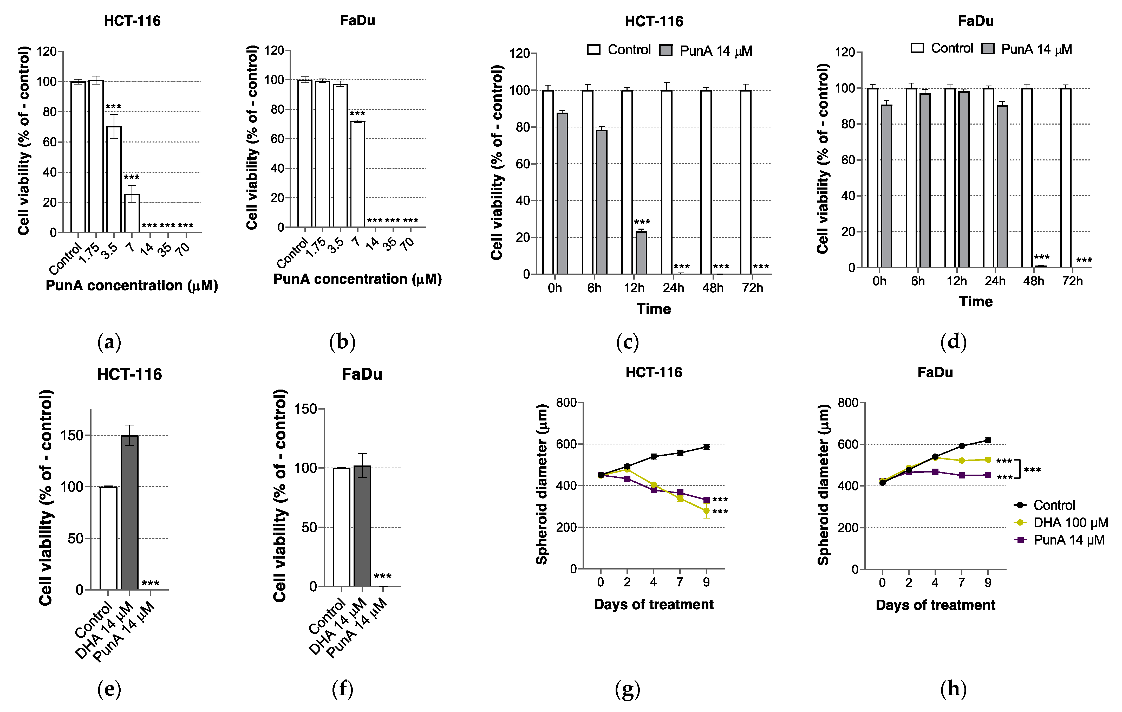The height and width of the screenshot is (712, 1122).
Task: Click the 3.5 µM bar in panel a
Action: (114, 179)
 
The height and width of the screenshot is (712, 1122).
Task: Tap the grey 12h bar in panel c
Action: (641, 253)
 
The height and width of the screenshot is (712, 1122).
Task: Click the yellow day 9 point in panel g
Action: (706, 511)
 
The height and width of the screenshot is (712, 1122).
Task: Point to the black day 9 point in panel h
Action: (988, 440)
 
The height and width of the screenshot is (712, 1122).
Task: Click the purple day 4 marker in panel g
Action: (654, 490)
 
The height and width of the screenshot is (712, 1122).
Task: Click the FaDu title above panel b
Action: (357, 21)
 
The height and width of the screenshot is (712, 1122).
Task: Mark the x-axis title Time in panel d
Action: (976, 301)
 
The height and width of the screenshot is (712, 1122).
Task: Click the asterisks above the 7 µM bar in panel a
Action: (131, 178)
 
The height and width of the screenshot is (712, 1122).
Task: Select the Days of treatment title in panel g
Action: (654, 604)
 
